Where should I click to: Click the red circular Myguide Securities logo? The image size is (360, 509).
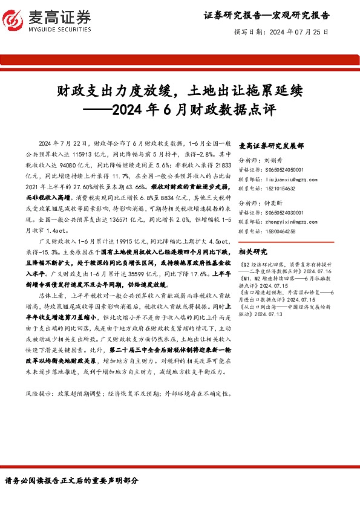point(14,19)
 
